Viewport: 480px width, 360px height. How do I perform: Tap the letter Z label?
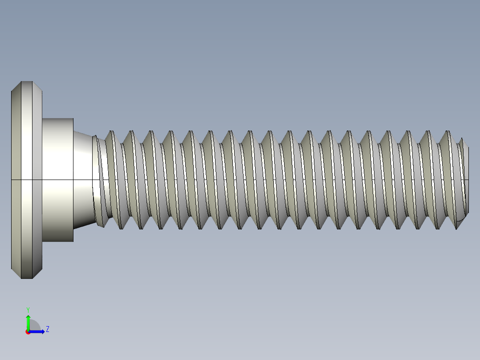pos(47,329)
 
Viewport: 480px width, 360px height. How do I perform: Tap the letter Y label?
pos(28,309)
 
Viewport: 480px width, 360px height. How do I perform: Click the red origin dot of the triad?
pos(28,332)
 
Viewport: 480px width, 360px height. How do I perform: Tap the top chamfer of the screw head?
pos(27,86)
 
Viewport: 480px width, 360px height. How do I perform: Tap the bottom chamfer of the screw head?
pos(27,274)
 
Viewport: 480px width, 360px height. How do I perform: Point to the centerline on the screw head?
pos(27,180)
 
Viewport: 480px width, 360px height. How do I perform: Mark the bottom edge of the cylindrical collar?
pos(58,241)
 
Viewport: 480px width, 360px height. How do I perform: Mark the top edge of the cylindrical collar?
pos(58,119)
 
